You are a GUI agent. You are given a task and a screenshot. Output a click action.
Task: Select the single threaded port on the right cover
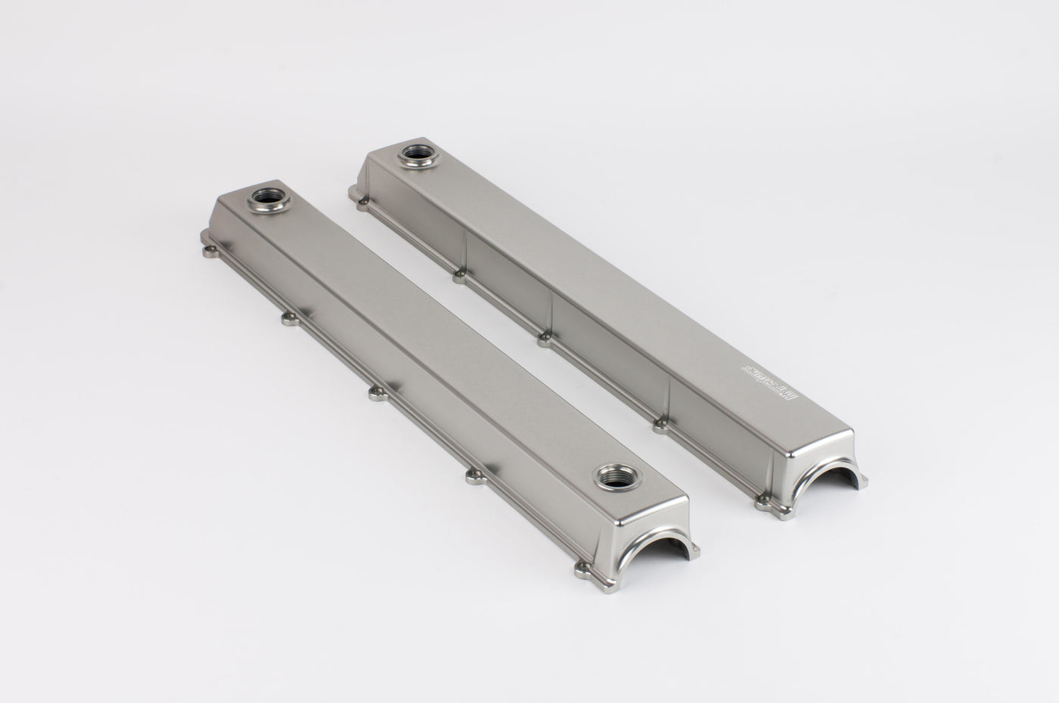(x=415, y=153)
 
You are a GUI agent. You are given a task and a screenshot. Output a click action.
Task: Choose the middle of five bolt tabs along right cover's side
(x=543, y=341)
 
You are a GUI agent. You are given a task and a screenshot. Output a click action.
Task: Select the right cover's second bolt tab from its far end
(x=459, y=277)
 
